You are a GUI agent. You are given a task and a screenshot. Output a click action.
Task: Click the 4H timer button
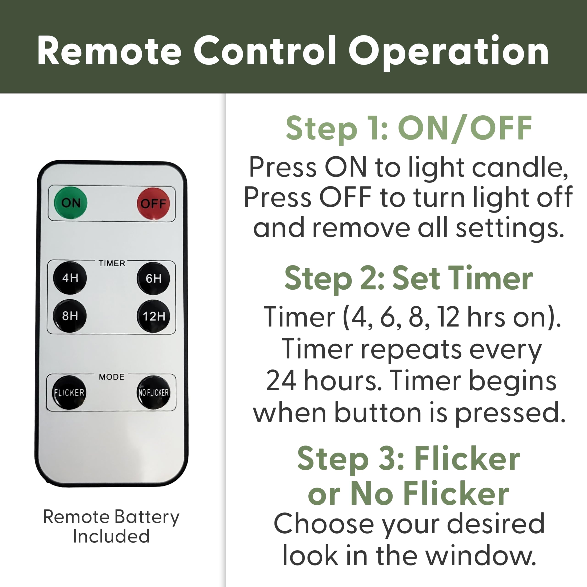(70, 278)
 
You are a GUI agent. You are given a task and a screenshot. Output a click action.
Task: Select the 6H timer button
(153, 279)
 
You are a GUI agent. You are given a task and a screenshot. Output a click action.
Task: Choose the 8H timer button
(70, 316)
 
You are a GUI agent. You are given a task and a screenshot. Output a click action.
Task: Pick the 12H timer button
(153, 316)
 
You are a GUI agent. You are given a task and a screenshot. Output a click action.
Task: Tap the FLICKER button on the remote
(69, 393)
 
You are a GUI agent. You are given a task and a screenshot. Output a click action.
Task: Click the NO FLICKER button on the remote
(153, 393)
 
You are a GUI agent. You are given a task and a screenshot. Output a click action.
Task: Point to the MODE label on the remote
(111, 377)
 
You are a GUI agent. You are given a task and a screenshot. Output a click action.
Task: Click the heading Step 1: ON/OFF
(409, 128)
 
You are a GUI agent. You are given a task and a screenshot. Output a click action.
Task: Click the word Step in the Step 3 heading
(333, 459)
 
